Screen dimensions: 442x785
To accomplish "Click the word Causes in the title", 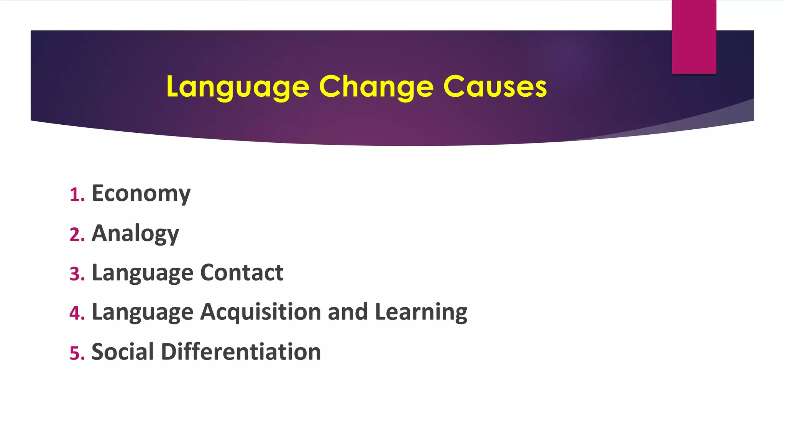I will point(495,87).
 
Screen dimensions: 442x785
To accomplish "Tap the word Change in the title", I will point(376,87).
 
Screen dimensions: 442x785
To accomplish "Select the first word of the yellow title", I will point(238,87).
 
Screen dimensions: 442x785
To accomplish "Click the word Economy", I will point(141,193).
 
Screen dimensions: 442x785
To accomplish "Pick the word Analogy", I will point(135,233).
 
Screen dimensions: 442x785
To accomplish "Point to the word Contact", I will point(241,272).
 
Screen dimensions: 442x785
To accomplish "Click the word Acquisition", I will point(261,312).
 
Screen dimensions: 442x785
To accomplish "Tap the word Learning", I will point(421,312).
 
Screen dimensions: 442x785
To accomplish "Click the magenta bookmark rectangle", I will point(694,37).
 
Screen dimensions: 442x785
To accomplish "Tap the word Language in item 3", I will point(142,273).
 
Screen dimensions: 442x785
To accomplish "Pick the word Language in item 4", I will point(142,312).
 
